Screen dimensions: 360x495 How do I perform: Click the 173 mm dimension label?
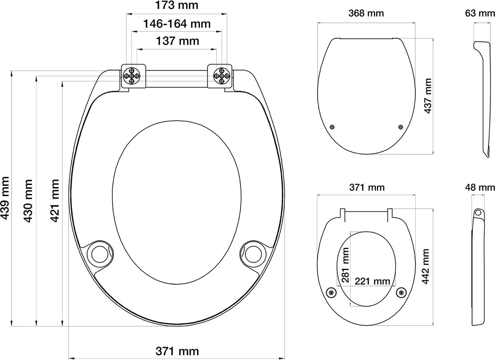pyautogui.click(x=177, y=6)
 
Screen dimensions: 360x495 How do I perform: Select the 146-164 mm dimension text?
pyautogui.click(x=177, y=24)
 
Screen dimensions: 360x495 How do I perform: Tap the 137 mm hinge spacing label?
pyautogui.click(x=177, y=41)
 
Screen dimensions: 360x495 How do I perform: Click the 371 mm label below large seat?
pyautogui.click(x=177, y=351)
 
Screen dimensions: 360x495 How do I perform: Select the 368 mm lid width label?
pyautogui.click(x=366, y=13)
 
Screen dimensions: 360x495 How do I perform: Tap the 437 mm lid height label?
pyautogui.click(x=428, y=96)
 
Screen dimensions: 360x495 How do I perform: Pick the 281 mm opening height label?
pyautogui.click(x=346, y=264)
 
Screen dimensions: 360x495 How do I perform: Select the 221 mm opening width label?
pyautogui.click(x=372, y=282)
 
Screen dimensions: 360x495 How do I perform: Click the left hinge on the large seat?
pyautogui.click(x=134, y=76)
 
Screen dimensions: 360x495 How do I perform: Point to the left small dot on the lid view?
pyautogui.click(x=333, y=127)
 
